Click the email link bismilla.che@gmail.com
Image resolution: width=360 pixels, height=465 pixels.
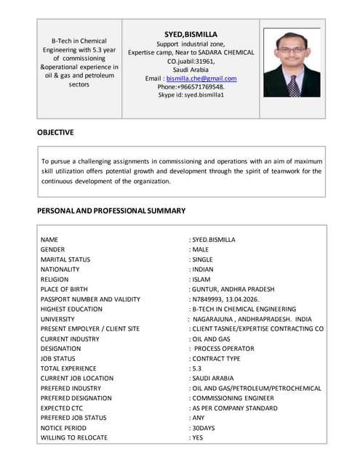[201, 78]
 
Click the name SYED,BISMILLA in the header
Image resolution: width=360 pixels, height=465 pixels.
[191, 33]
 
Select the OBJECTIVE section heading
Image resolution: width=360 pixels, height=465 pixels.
[55, 132]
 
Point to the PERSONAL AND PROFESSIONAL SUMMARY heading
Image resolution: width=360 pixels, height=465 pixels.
[111, 211]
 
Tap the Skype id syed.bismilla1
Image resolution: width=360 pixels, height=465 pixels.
[191, 95]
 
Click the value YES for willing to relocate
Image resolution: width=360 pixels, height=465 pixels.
[198, 438]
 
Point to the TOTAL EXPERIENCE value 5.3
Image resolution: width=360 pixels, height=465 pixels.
[196, 368]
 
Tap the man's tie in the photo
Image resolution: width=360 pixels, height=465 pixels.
[292, 86]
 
